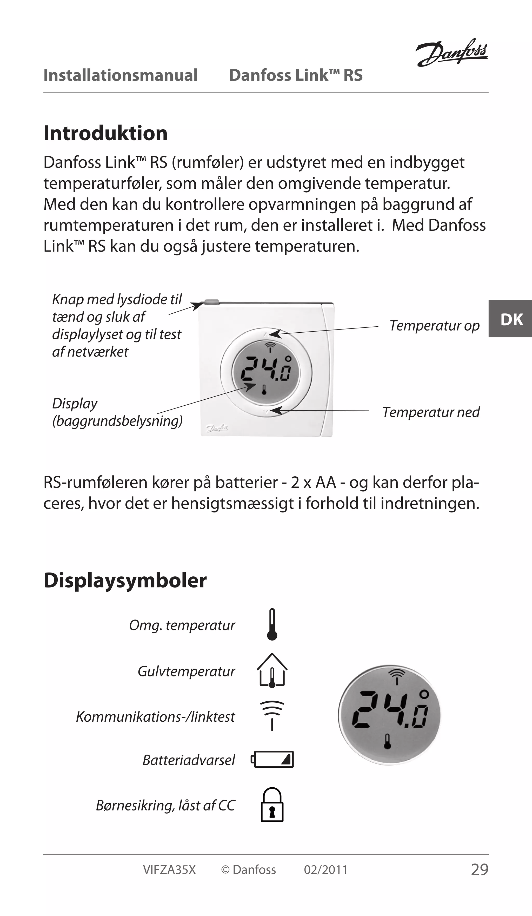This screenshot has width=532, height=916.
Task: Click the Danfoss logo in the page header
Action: [452, 53]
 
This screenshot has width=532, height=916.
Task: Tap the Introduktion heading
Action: [105, 133]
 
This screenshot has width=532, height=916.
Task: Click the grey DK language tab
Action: [510, 319]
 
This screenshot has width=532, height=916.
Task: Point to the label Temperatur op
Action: [434, 326]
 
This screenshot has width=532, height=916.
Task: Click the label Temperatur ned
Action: [431, 412]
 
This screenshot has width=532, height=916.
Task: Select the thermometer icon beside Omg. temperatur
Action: [272, 624]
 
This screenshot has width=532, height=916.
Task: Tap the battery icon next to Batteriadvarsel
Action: [272, 759]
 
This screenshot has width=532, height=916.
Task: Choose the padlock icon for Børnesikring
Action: [272, 805]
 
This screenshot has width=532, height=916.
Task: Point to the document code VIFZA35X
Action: [169, 870]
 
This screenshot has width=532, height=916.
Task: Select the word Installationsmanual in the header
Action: [121, 75]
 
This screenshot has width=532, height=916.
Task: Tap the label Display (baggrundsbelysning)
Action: [117, 412]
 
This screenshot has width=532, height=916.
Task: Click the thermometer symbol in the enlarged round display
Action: [387, 742]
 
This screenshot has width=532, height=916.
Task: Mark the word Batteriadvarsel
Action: [189, 760]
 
